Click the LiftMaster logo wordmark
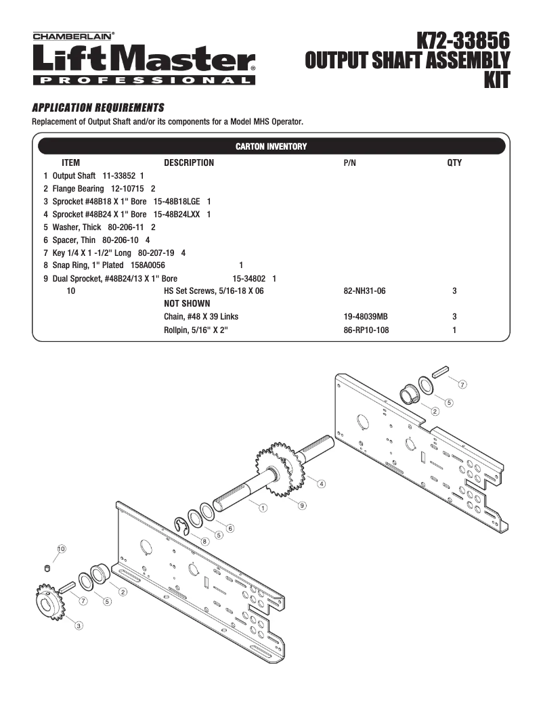(144, 60)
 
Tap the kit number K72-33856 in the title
(462, 40)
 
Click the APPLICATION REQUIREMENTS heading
(98, 108)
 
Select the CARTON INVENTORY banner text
(270, 146)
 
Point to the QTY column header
(454, 163)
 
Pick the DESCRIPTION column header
(189, 163)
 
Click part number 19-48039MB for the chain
(366, 317)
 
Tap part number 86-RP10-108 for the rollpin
(366, 330)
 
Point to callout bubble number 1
(262, 507)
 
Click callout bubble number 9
(302, 505)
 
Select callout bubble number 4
(321, 484)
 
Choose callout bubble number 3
(79, 625)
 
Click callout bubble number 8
(204, 542)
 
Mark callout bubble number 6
(230, 528)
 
